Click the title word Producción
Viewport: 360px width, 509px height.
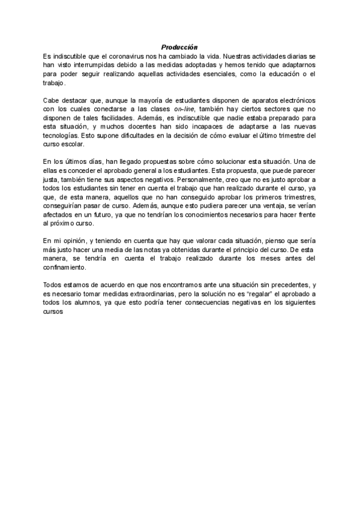pyautogui.click(x=180, y=46)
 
